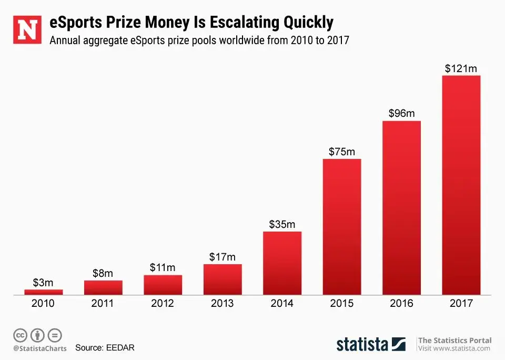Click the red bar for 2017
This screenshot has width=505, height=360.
[461, 185]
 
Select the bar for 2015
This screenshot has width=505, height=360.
[342, 226]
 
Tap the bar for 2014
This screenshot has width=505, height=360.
[282, 263]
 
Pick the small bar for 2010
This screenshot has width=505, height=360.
[44, 292]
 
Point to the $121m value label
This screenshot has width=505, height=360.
[461, 68]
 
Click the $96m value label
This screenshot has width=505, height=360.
[401, 113]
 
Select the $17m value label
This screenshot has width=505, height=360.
[223, 257]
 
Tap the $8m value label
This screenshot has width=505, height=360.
[103, 273]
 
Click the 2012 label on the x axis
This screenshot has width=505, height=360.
[163, 304]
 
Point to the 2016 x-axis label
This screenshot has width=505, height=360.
[401, 304]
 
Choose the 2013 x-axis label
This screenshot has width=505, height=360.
[223, 304]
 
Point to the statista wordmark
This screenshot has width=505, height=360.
[362, 344]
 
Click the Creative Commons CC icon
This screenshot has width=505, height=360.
[20, 335]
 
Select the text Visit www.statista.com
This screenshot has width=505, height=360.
[454, 348]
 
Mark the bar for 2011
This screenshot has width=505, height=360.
[103, 287]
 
